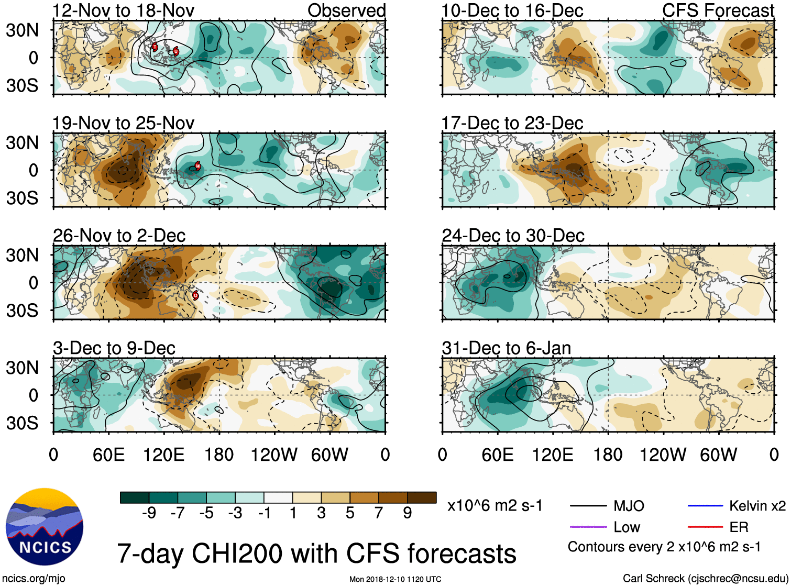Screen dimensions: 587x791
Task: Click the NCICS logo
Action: click(44, 527)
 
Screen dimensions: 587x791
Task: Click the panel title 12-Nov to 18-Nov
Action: click(123, 10)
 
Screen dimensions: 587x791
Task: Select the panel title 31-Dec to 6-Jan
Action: click(506, 348)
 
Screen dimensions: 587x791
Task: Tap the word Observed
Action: click(346, 10)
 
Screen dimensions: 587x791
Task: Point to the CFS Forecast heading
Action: click(718, 10)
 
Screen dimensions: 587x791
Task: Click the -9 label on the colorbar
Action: click(149, 513)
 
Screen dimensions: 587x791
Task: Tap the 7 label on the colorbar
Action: click(379, 513)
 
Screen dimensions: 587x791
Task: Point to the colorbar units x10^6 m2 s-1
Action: click(495, 506)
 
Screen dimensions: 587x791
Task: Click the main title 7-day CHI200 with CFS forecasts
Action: click(316, 553)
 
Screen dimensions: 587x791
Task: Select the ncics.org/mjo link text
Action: click(34, 578)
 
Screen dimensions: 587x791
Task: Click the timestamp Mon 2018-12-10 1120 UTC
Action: click(395, 579)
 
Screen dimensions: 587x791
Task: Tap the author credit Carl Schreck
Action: click(705, 578)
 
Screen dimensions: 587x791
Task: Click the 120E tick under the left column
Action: click(163, 455)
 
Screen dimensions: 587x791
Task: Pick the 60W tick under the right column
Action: click(718, 455)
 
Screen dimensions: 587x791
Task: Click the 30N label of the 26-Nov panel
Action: click(22, 256)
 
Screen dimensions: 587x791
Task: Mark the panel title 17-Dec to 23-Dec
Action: click(512, 123)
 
